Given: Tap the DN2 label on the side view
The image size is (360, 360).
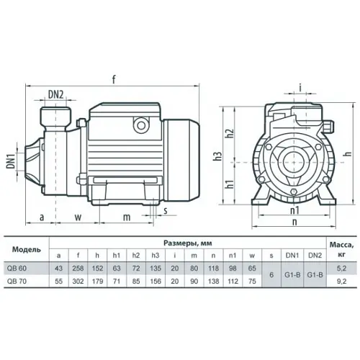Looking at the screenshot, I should coord(56,93).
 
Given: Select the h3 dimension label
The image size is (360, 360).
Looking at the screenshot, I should coord(217,157).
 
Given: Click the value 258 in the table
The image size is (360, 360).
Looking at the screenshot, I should coord(78,268).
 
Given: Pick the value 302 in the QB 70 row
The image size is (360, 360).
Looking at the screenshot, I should coord(78,282).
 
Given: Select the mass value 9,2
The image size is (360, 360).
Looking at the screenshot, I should coord(342,282).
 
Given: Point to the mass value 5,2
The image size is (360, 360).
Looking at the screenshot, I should coord(342,268).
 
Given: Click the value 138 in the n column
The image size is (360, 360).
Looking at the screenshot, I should coord(212,282).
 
